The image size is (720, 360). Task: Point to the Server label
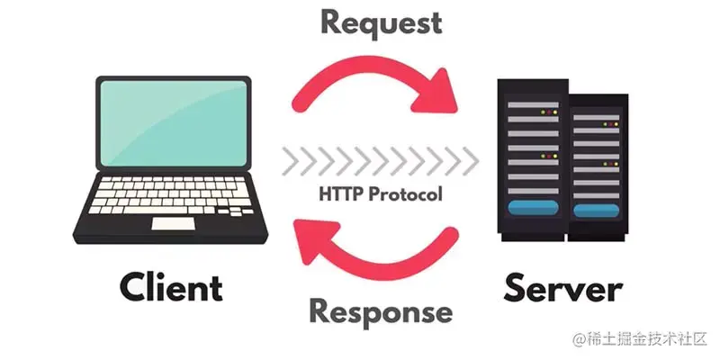tap(563, 289)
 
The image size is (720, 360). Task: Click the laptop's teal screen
tap(172, 121)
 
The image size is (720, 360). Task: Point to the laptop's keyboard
tap(171, 193)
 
